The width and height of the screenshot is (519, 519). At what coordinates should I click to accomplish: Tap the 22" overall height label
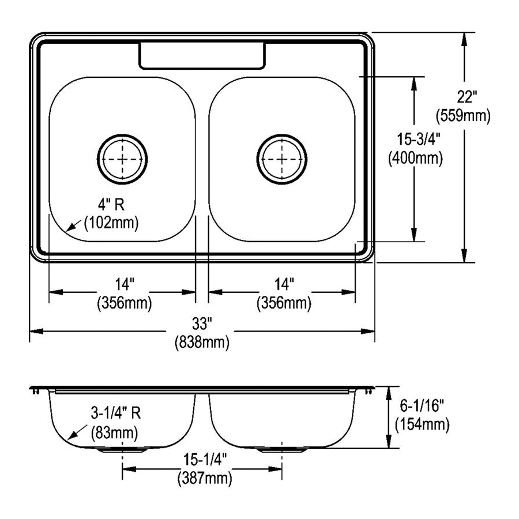[467, 97]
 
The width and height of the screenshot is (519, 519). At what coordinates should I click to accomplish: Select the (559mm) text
[463, 116]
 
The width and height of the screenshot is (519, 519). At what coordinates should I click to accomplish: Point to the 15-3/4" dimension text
[419, 139]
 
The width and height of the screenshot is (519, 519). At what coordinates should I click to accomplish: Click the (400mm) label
[415, 158]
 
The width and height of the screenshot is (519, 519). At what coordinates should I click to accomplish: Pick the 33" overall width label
[202, 324]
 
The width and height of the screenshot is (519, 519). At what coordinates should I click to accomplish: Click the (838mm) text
[202, 342]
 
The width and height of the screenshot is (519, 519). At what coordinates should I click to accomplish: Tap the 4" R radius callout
[111, 205]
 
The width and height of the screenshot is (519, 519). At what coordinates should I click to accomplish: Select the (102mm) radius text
[111, 223]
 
